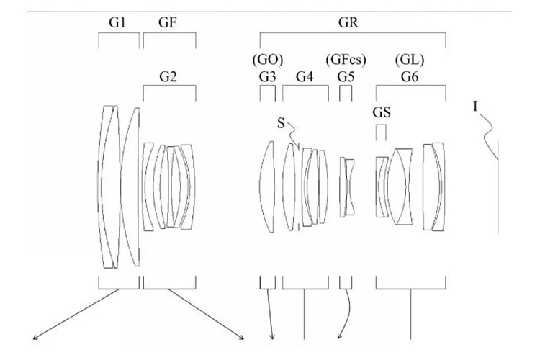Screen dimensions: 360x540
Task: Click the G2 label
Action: click(169, 77)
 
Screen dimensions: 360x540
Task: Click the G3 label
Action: click(267, 77)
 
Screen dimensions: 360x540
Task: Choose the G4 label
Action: click(305, 77)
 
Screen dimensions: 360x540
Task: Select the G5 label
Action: click(346, 77)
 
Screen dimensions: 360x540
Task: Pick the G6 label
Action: click(410, 77)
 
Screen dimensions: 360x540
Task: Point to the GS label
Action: click(382, 112)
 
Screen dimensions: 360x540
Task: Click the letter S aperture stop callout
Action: click(281, 123)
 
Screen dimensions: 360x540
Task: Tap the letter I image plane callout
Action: click(476, 107)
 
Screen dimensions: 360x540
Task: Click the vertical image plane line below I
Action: click(498, 187)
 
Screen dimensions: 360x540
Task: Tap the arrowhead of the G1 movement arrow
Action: click(32, 336)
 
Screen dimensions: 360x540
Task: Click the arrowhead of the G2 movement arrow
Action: click(242, 336)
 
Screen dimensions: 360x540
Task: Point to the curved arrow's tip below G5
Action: click(338, 338)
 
